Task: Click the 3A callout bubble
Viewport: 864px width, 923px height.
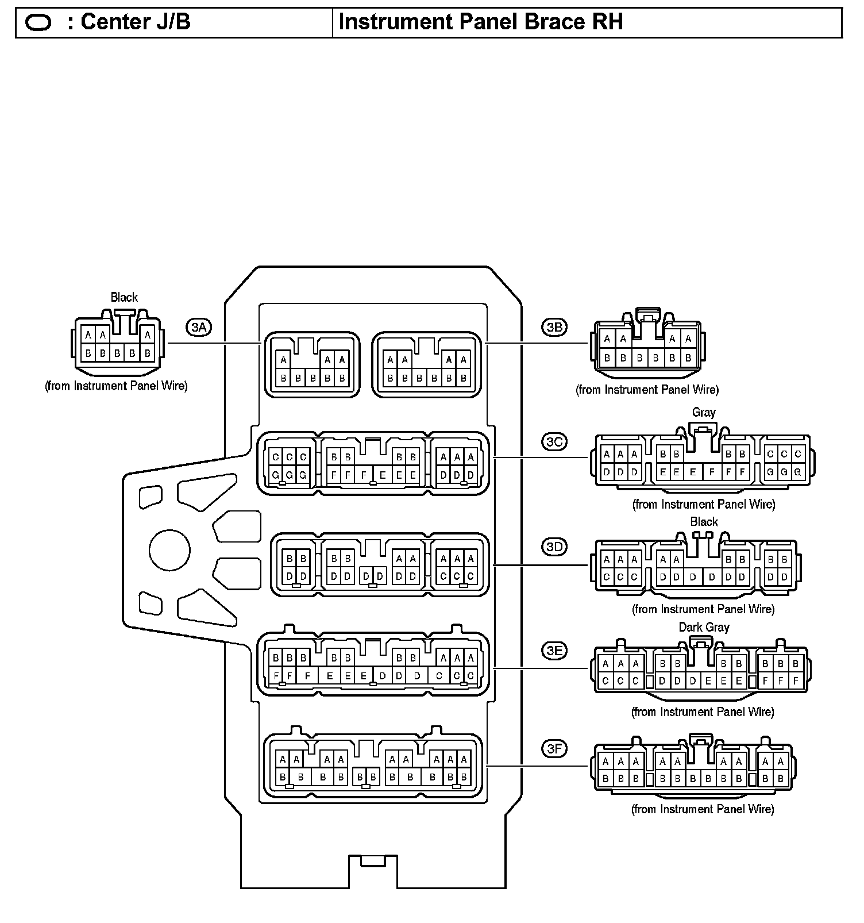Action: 199,328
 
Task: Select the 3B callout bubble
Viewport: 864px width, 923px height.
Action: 554,328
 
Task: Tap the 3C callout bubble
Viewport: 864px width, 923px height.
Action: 554,442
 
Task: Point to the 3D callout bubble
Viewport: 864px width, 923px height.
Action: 554,547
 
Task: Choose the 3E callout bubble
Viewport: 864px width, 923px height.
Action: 554,651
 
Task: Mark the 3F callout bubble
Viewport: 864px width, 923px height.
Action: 554,748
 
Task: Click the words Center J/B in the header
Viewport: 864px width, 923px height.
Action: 136,22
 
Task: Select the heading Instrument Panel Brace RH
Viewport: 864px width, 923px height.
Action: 480,22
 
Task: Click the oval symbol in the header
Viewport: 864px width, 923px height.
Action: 38,23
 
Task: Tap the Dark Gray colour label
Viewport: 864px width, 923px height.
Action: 704,627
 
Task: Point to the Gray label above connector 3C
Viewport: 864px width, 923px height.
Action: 704,412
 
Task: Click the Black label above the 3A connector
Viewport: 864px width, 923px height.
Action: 124,297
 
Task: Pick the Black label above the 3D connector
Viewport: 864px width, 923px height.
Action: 704,521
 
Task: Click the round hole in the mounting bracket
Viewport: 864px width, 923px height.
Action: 169,550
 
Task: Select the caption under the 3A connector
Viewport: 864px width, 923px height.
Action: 116,386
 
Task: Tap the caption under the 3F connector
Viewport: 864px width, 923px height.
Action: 703,809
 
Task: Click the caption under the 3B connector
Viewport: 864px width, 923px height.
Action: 647,390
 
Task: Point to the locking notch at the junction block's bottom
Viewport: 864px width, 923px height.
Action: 373,860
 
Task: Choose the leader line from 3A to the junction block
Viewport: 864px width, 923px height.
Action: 214,343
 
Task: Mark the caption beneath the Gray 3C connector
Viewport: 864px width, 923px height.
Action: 704,504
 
